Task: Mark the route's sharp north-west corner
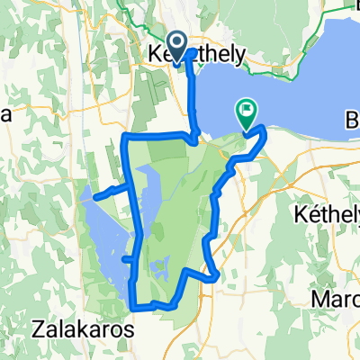(123, 137)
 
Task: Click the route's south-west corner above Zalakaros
(134, 306)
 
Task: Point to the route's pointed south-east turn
(217, 278)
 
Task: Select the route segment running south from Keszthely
(192, 99)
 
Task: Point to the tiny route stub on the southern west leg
(128, 258)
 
